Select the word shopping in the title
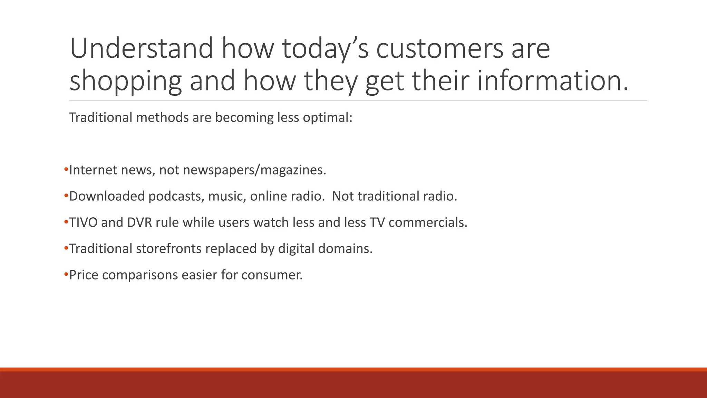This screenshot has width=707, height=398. [x=125, y=81]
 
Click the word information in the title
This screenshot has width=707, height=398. [x=552, y=81]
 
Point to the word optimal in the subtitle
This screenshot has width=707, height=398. [x=327, y=117]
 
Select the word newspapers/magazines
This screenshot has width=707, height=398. [x=254, y=170]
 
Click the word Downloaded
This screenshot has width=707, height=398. [x=107, y=196]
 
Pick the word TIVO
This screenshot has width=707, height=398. [x=83, y=222]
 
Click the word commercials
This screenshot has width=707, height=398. [x=428, y=222]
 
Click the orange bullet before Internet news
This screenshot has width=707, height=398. [x=66, y=170]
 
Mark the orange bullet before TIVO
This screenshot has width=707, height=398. [x=66, y=222]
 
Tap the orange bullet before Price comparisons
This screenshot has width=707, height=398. [x=66, y=275]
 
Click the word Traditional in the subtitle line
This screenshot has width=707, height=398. [x=100, y=117]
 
